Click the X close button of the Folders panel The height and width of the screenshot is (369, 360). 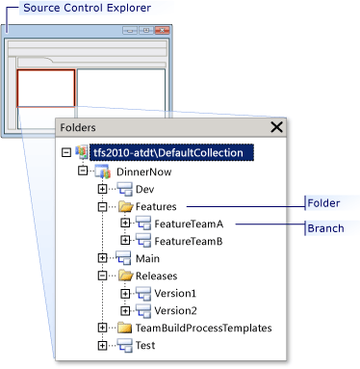(276, 127)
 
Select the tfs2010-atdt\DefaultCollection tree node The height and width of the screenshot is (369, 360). (168, 152)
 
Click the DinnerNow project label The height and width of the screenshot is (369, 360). (143, 171)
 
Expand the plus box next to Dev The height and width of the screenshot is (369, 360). (102, 189)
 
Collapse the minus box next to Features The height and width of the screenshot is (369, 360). (102, 206)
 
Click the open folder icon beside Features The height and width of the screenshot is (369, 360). (125, 206)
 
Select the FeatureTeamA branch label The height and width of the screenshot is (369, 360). (189, 224)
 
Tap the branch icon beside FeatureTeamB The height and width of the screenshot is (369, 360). (143, 241)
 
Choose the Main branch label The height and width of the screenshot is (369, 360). (147, 258)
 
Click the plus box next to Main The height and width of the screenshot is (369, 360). (102, 258)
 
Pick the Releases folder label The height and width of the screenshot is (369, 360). (156, 276)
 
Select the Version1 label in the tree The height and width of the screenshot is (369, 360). (175, 293)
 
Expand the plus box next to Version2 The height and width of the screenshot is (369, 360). (125, 310)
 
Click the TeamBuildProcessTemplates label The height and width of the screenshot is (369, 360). (204, 328)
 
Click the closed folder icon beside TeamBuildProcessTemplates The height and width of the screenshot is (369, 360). (124, 328)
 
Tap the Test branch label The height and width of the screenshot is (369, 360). (145, 345)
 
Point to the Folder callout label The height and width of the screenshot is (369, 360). (323, 203)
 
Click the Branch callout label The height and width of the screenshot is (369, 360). (325, 228)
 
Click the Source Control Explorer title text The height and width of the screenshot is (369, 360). (87, 8)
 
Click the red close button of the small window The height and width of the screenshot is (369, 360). (163, 31)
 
